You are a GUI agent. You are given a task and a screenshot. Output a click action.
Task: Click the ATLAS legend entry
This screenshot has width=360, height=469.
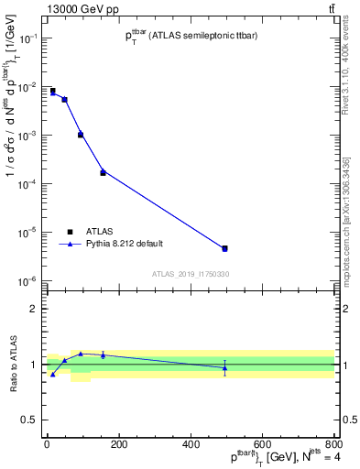point(98,232)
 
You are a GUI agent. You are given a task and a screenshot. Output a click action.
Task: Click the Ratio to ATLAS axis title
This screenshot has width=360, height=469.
point(13,365)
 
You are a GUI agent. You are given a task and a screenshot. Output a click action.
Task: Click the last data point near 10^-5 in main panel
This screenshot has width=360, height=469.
point(224,248)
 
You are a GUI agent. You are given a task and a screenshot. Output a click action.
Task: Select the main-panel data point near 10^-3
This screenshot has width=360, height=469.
point(81,135)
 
